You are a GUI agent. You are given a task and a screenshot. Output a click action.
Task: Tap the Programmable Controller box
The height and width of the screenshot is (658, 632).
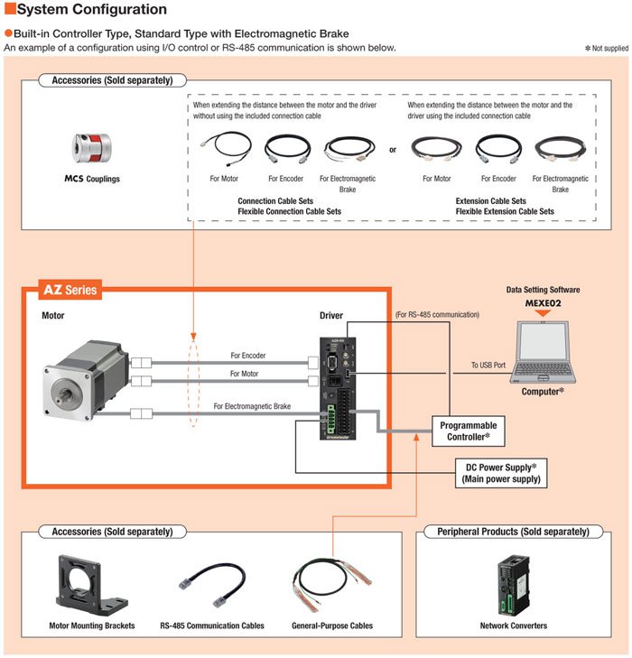coord(468,430)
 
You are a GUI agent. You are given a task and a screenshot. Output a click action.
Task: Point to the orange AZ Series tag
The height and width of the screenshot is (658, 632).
coord(70,291)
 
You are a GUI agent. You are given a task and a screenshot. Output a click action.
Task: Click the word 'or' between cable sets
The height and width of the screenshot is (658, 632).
coord(393,150)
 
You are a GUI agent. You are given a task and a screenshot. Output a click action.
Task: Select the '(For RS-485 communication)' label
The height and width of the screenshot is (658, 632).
coord(437,314)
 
